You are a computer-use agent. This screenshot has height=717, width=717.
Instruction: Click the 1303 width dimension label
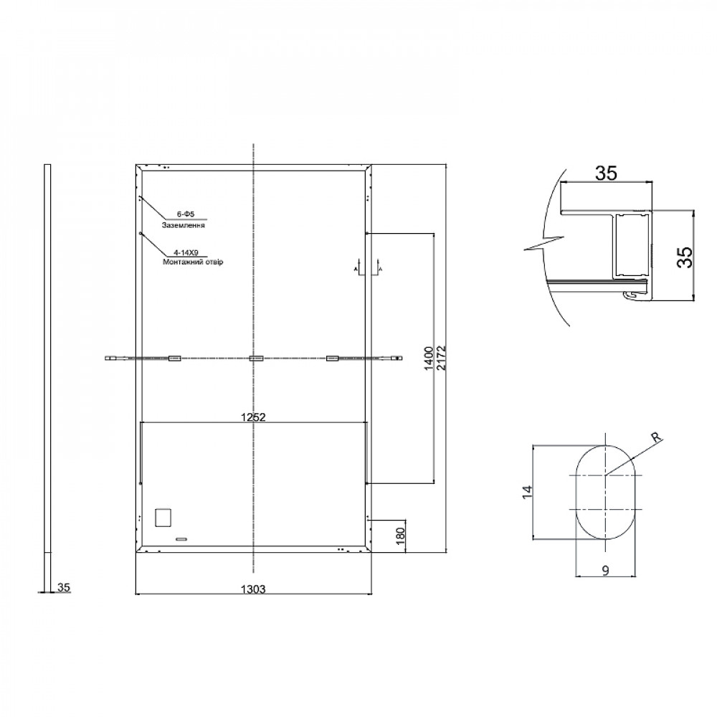(x=253, y=589)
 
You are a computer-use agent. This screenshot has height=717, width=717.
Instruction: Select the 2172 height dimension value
(x=441, y=358)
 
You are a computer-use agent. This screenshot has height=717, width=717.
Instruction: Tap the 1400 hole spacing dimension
(x=429, y=358)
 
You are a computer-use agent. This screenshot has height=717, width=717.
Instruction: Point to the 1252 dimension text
(x=253, y=417)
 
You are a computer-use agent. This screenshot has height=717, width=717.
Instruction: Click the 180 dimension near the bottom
(x=400, y=536)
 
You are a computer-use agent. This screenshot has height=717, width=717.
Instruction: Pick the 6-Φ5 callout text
(x=186, y=214)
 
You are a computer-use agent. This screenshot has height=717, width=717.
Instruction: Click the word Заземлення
(x=183, y=225)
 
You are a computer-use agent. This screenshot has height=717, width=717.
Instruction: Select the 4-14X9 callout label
(x=186, y=252)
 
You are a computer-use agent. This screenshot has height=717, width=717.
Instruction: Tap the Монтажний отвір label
(x=192, y=262)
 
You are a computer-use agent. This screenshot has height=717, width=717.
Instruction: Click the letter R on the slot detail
(x=656, y=437)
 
